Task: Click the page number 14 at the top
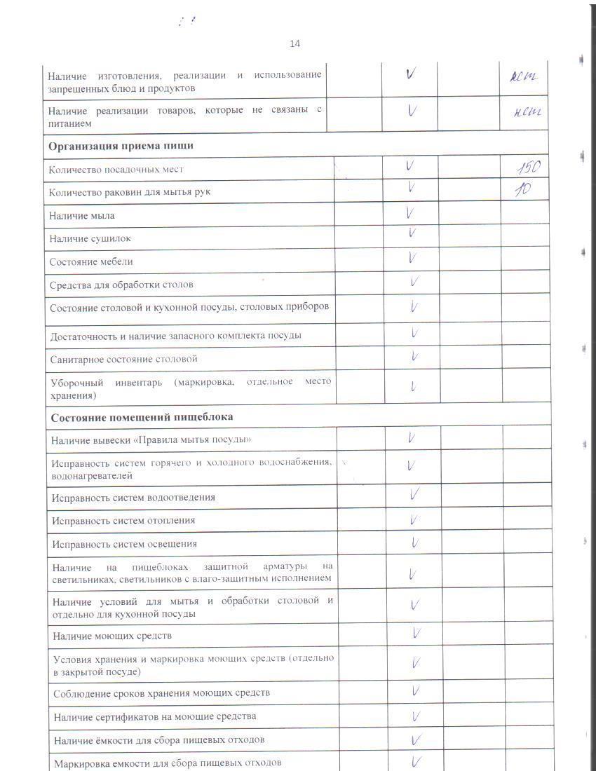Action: [x=294, y=43]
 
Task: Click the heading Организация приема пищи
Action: [x=121, y=146]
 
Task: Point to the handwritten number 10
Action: [x=522, y=189]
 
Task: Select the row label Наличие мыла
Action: [x=82, y=215]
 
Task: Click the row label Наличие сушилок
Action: [x=90, y=238]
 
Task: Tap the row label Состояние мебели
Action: [x=91, y=261]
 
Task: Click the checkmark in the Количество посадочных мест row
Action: [x=410, y=167]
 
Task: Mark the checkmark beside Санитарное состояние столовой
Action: [x=415, y=357]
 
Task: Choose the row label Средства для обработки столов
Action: [x=121, y=285]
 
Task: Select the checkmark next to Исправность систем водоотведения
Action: [x=415, y=495]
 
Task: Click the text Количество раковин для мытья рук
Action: [x=130, y=191]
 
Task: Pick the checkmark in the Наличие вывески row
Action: [x=412, y=438]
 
